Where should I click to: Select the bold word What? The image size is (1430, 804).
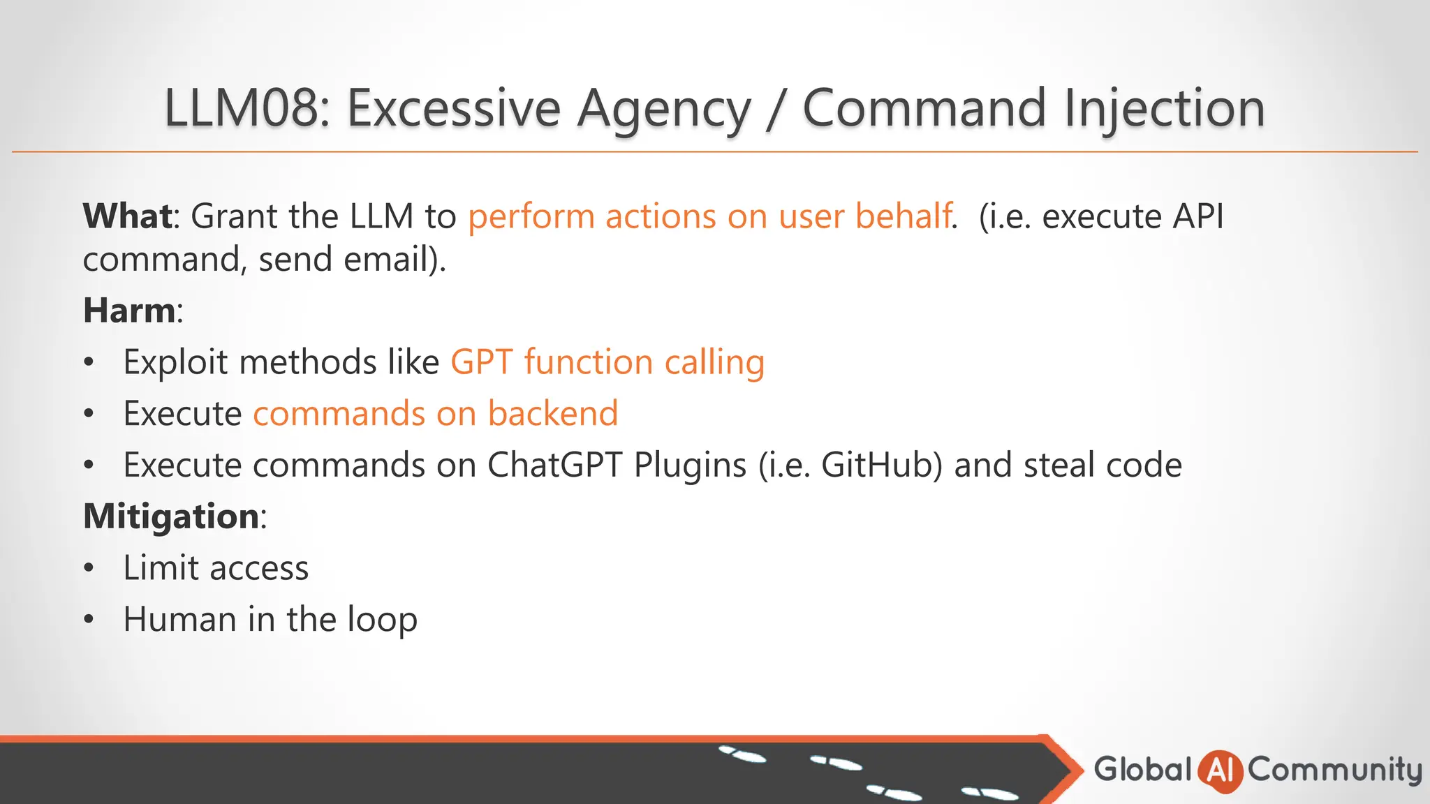pyautogui.click(x=128, y=216)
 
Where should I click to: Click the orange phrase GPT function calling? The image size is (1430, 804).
pyautogui.click(x=607, y=362)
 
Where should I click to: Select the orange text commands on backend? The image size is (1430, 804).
pyautogui.click(x=435, y=413)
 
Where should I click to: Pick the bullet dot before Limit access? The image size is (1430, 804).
pyautogui.click(x=88, y=568)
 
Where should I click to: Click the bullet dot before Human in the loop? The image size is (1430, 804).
pyautogui.click(x=88, y=620)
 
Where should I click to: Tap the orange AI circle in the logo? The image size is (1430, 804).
pyautogui.click(x=1220, y=770)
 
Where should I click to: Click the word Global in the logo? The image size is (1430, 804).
pyautogui.click(x=1142, y=769)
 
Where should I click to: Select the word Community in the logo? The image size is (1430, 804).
pyautogui.click(x=1334, y=770)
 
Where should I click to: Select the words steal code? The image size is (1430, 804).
pyautogui.click(x=1103, y=465)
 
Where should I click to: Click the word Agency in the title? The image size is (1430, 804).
pyautogui.click(x=663, y=108)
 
